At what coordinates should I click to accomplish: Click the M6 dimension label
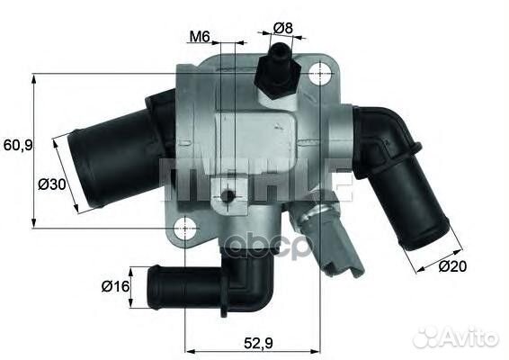(x=199, y=37)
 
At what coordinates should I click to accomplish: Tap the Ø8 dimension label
(x=282, y=28)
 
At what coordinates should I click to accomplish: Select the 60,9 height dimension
(x=17, y=144)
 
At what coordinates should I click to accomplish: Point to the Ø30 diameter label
(x=51, y=184)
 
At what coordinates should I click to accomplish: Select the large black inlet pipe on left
(x=112, y=157)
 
